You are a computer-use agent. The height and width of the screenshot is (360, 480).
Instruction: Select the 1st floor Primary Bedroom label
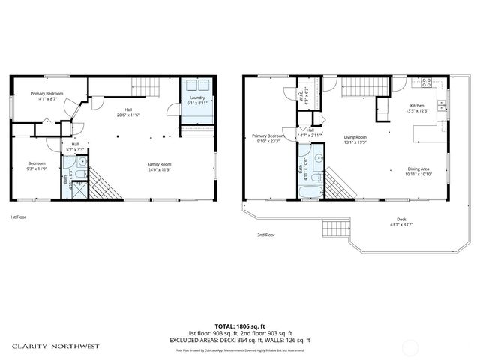[46, 94]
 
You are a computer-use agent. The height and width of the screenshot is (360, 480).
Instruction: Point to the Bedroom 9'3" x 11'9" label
[37, 163]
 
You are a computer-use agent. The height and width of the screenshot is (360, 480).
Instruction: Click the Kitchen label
[417, 106]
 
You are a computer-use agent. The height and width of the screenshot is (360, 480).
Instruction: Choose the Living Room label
[355, 137]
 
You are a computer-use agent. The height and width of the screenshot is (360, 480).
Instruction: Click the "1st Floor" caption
[19, 217]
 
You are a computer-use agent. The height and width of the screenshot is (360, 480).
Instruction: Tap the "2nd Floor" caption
[265, 235]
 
